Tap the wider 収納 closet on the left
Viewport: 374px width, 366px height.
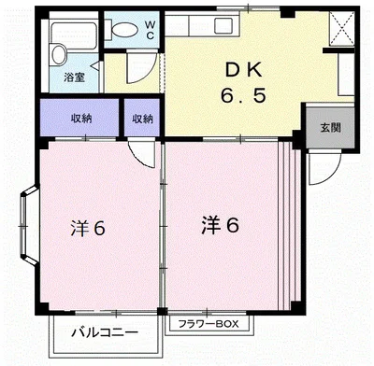(x=81, y=118)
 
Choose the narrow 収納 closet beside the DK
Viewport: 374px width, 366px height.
(x=142, y=118)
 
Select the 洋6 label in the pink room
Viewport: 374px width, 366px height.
(x=91, y=229)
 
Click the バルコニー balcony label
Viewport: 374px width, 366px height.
(x=105, y=331)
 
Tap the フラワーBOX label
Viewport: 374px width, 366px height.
(x=209, y=325)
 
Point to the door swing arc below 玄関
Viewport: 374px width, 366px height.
(x=320, y=168)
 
